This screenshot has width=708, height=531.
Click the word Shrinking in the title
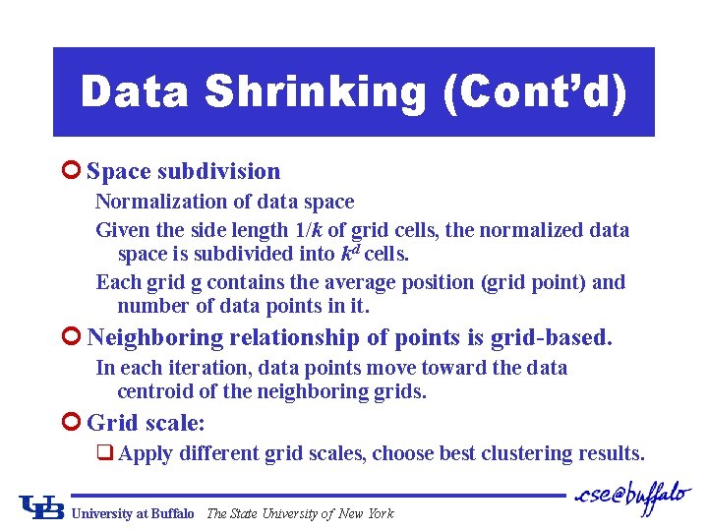click(316, 92)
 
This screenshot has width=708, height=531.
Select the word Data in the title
click(137, 92)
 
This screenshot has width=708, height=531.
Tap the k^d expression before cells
click(350, 253)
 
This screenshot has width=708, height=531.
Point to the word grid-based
click(555, 337)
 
